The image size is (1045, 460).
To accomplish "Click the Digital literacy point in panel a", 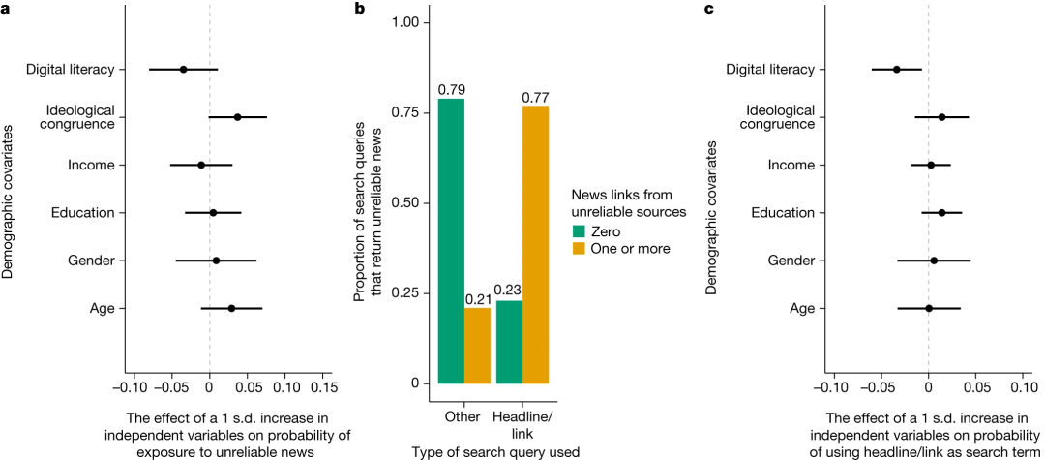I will coord(183,70).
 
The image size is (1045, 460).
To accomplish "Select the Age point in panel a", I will coord(231,308).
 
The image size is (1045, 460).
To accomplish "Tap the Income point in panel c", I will coord(931,165).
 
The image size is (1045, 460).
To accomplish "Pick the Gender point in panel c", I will coord(934,261).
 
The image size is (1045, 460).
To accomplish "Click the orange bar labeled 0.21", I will coord(477,345).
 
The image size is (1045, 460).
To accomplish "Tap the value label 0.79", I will coord(451,90).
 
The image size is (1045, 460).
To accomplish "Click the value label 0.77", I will coord(535,97).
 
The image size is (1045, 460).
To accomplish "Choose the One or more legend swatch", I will coord(581,249).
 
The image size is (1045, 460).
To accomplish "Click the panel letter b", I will coord(361,9).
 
